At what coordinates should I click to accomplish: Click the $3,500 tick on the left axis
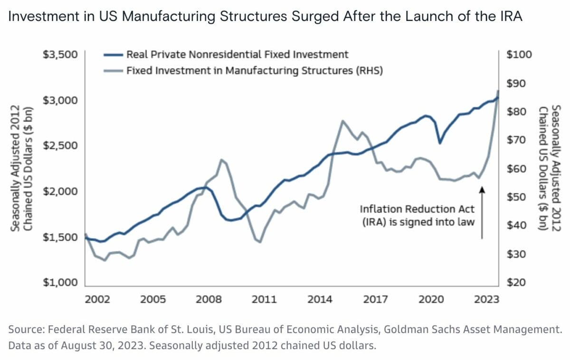[x=60, y=55]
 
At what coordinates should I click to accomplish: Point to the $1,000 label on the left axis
[x=60, y=283]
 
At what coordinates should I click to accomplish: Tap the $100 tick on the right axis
[x=520, y=55]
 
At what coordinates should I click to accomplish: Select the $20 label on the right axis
[x=517, y=283]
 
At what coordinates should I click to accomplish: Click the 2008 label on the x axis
[x=209, y=300]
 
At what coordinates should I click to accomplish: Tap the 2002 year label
[x=97, y=300]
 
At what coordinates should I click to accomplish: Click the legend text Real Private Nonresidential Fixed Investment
[x=237, y=55]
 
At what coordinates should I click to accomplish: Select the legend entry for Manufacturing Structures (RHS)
[x=255, y=71]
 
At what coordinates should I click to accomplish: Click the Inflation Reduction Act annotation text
[x=417, y=215]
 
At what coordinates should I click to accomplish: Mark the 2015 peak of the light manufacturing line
[x=342, y=121]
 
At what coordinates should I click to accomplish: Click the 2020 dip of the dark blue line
[x=440, y=142]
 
